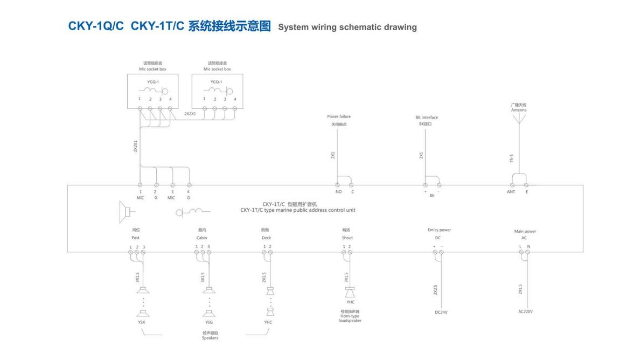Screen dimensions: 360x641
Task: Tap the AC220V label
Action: [x=525, y=311]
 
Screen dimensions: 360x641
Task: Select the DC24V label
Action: [x=442, y=311]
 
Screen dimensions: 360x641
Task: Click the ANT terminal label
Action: [x=511, y=192]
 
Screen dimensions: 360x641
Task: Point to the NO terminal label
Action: [x=338, y=192]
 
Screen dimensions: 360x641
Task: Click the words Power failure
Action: [x=339, y=116]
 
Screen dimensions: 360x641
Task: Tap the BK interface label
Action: [x=427, y=117]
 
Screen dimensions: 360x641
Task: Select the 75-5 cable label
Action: [x=512, y=158]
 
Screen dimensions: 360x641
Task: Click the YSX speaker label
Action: [x=142, y=322]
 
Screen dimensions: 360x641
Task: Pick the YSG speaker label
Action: [x=209, y=322]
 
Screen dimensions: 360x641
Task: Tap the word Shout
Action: [x=347, y=238]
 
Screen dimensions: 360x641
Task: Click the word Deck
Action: [x=266, y=238]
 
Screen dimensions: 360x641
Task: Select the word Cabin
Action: [x=201, y=238]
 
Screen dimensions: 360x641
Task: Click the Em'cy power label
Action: [x=439, y=230]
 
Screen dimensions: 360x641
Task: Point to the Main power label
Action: [x=525, y=231]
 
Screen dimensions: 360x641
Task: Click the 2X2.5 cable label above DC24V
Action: [x=435, y=289]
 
